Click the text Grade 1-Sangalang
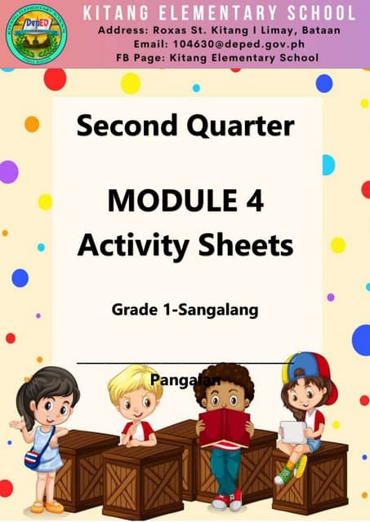pyautogui.click(x=185, y=311)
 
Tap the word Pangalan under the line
pyautogui.click(x=186, y=379)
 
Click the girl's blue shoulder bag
pyautogui.click(x=34, y=458)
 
